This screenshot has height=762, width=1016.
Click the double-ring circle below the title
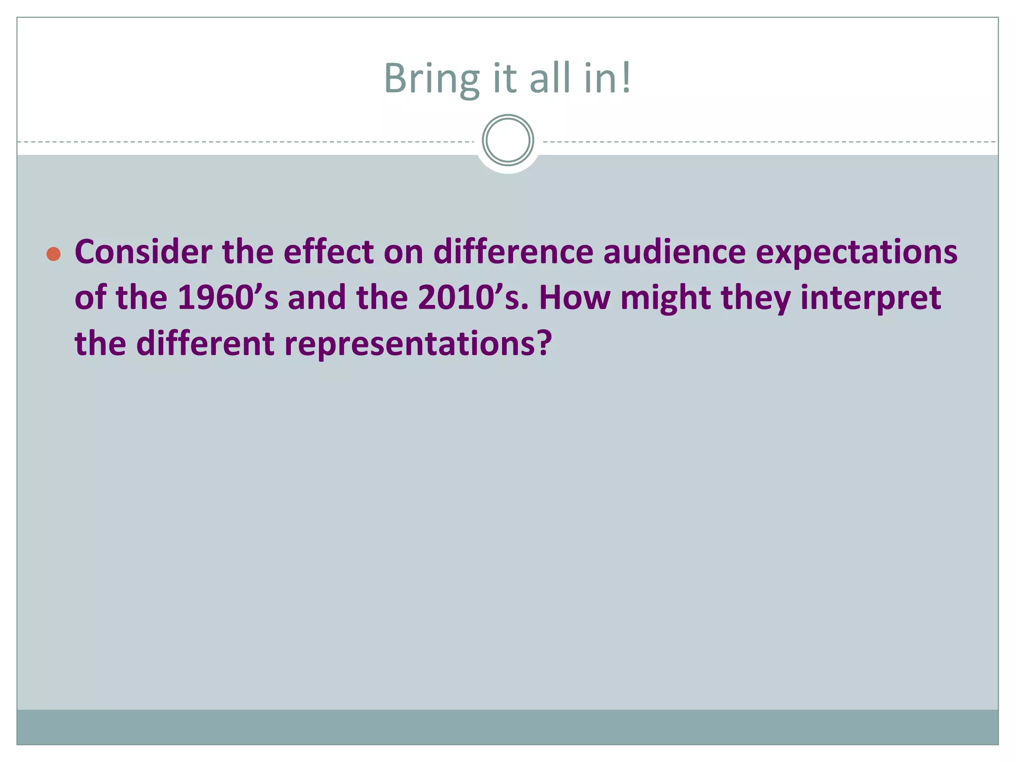(508, 140)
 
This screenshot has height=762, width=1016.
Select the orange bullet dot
(54, 254)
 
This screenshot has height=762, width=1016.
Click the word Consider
(143, 252)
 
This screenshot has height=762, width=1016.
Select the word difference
(513, 252)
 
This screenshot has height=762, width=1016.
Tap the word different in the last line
(205, 344)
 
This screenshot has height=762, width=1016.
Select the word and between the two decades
(317, 298)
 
